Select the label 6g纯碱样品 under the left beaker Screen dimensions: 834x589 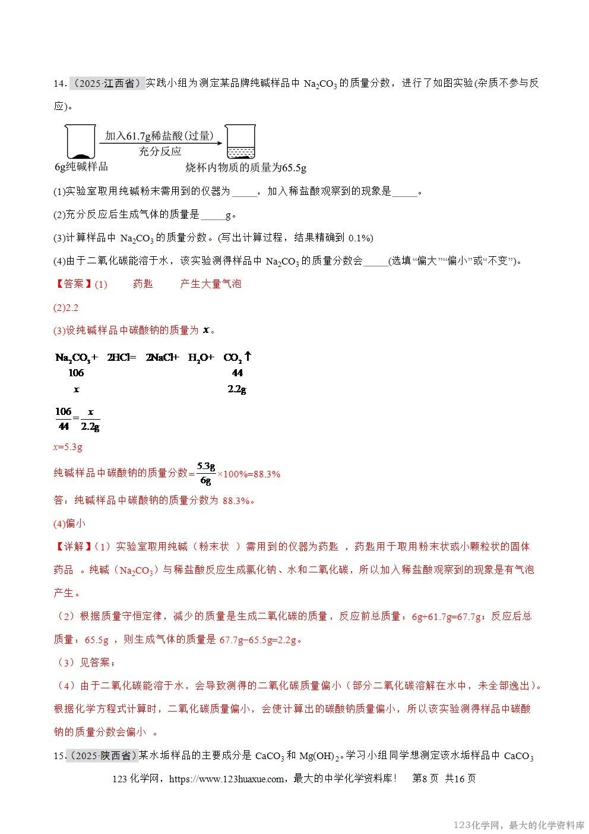81,167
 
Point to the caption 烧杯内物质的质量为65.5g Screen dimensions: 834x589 246,168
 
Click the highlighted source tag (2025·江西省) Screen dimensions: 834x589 107,83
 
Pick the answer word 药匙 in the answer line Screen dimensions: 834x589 143,284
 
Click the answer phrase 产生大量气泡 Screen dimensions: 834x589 211,284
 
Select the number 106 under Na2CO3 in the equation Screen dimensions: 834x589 76,373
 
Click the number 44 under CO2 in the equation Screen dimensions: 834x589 237,373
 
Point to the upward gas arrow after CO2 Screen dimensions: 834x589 248,357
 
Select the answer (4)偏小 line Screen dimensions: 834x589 69,524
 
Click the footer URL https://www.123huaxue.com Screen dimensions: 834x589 227,779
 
